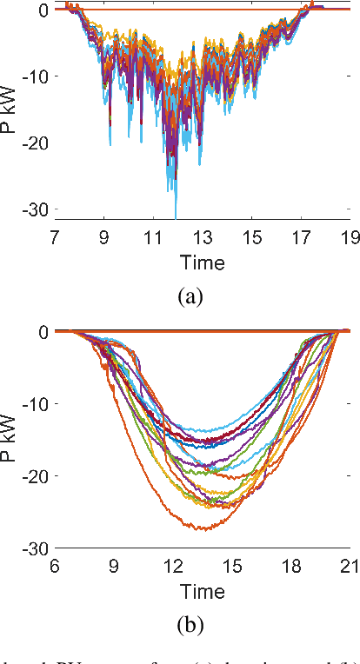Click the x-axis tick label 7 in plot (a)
pos(55,236)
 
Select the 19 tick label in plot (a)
pos(349,236)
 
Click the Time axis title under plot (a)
pos(202,262)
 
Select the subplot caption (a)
pos(190,297)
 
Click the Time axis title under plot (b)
pos(202,592)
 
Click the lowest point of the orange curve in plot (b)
pos(204,529)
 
